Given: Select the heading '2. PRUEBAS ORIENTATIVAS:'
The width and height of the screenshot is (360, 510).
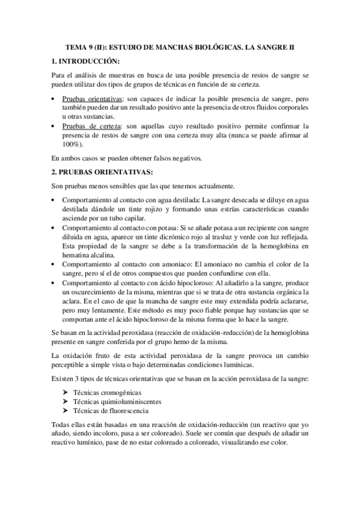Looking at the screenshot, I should click(x=103, y=172).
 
